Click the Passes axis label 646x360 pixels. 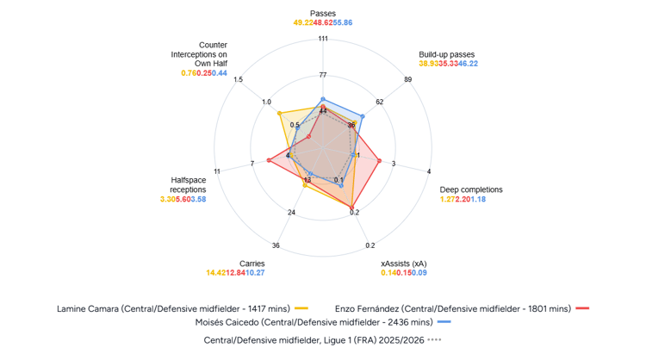(x=322, y=13)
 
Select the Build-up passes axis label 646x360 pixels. (x=448, y=53)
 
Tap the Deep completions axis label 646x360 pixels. (x=471, y=189)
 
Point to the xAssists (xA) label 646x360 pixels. (x=403, y=262)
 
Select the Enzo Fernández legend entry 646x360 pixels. (x=451, y=307)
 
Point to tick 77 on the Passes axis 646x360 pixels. (x=322, y=75)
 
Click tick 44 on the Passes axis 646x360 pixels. (x=322, y=111)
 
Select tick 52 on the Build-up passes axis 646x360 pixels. (x=380, y=102)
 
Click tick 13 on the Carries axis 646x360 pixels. (x=307, y=180)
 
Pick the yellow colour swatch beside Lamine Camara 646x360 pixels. (x=301, y=307)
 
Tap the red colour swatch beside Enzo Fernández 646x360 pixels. (x=583, y=307)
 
